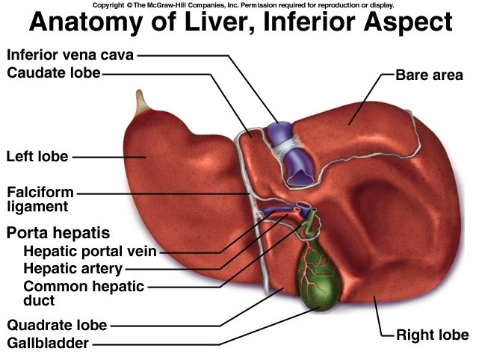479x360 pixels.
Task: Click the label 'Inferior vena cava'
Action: pyautogui.click(x=70, y=55)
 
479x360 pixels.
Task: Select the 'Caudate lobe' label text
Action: pyautogui.click(x=53, y=72)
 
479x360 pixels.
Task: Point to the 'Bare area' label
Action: pyautogui.click(x=429, y=75)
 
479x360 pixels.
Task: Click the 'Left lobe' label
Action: pyautogui.click(x=37, y=157)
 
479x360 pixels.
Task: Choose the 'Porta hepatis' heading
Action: pyautogui.click(x=58, y=232)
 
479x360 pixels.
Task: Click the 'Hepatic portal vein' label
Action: pyautogui.click(x=90, y=251)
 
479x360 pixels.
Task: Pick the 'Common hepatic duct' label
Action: pyautogui.click(x=83, y=293)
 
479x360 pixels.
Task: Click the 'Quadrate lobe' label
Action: pyautogui.click(x=57, y=325)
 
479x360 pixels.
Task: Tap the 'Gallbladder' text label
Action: pyautogui.click(x=48, y=344)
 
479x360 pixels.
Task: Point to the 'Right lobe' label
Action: pyautogui.click(x=433, y=334)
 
